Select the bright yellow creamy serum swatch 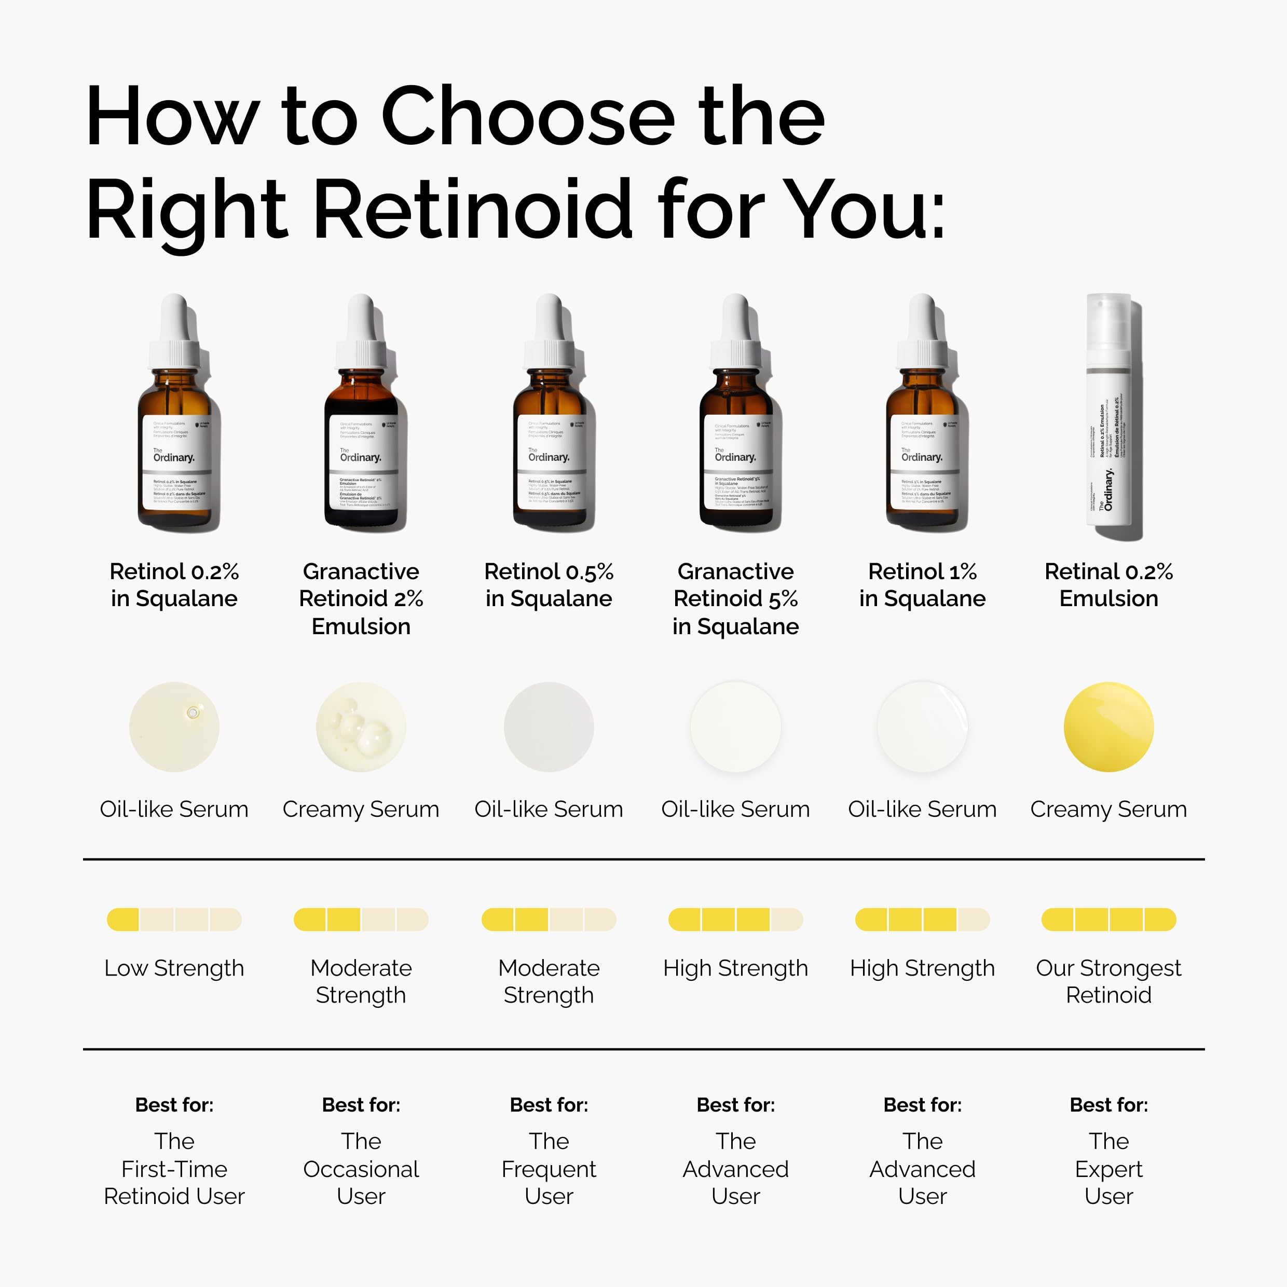(x=1108, y=727)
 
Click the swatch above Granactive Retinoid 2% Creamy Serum (x=361, y=727)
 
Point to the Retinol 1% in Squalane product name (x=922, y=585)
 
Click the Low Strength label (x=174, y=968)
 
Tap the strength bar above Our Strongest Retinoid (x=1108, y=919)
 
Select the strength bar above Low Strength (x=174, y=919)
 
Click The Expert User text (x=1108, y=1169)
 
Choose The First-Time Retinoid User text (x=174, y=1169)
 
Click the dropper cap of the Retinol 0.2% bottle (x=174, y=333)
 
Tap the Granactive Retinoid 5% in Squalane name (x=735, y=599)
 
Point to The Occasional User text (x=361, y=1169)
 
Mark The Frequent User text (x=549, y=1169)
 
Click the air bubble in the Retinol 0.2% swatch (x=193, y=713)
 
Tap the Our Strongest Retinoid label (x=1108, y=981)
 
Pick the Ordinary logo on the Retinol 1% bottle (x=922, y=457)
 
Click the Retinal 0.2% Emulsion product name (x=1108, y=585)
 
